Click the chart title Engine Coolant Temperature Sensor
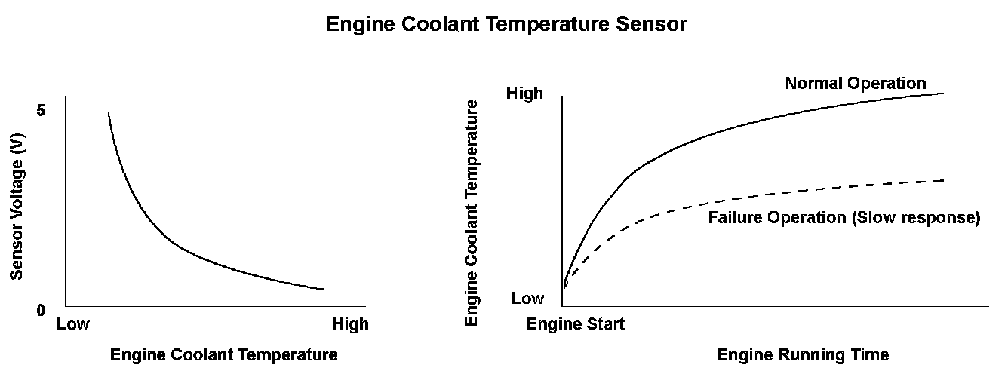click(506, 24)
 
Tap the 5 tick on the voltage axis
click(41, 110)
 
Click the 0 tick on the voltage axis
click(41, 310)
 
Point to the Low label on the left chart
click(73, 324)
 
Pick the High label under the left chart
click(351, 324)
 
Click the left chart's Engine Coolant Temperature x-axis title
click(224, 354)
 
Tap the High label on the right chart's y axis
click(524, 94)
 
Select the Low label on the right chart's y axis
click(527, 298)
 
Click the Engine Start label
click(576, 324)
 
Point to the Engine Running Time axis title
click(803, 354)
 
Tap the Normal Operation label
click(856, 83)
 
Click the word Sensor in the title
click(655, 24)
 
